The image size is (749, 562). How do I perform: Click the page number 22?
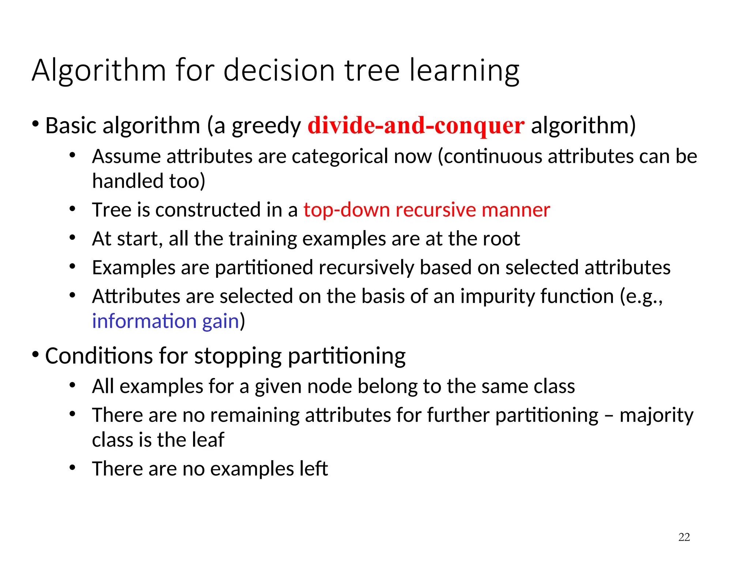684,537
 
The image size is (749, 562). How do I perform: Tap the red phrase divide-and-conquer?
416,125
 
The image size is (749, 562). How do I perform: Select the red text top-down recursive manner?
426,210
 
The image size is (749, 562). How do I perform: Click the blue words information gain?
165,321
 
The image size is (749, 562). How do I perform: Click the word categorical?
340,157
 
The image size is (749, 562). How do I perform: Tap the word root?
501,239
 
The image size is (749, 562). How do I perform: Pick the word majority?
656,415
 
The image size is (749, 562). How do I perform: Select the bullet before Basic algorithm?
35,124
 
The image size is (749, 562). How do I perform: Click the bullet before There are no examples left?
72,468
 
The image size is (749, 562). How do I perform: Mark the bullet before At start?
72,238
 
